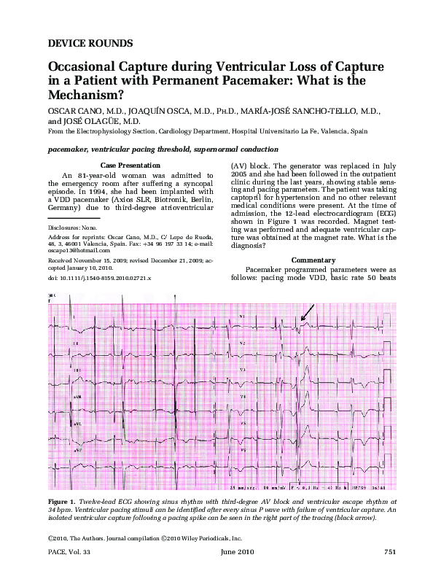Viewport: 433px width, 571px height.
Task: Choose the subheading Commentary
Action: (332, 260)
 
